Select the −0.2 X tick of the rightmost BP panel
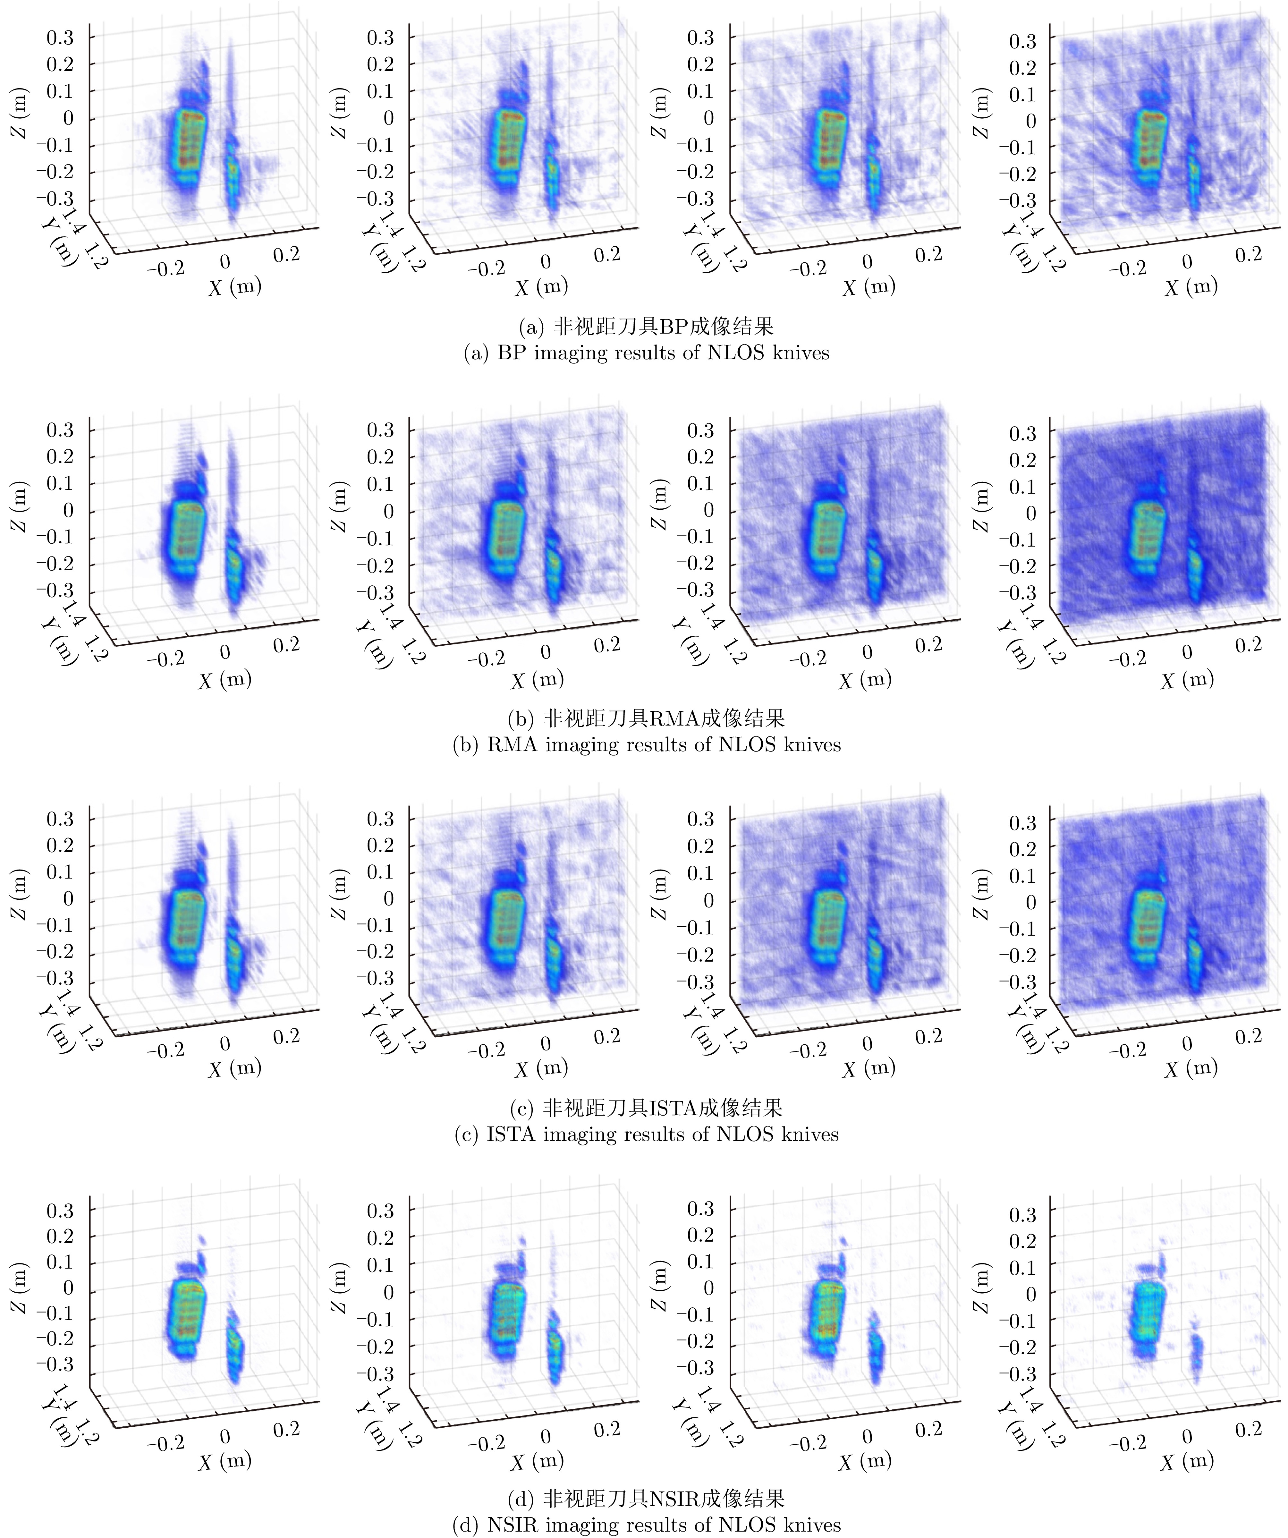[1127, 269]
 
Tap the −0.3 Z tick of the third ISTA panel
[699, 981]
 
